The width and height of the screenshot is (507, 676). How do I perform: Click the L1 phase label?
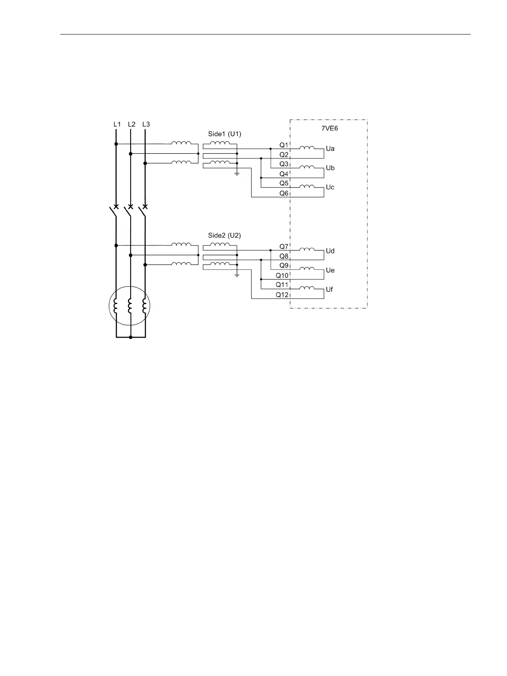[x=117, y=124]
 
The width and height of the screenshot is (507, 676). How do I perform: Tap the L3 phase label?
[x=146, y=124]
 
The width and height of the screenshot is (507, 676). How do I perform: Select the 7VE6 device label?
[x=329, y=128]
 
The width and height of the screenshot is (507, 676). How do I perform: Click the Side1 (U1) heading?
[x=225, y=134]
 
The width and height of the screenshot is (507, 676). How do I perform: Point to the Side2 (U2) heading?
[x=224, y=236]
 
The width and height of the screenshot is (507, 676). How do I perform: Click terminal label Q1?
[x=284, y=145]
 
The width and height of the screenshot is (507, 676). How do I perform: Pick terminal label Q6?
[x=284, y=193]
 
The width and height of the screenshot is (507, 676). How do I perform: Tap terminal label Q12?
[x=282, y=295]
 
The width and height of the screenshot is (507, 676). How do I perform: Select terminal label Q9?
[x=284, y=265]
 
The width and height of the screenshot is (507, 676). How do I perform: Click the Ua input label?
[x=330, y=149]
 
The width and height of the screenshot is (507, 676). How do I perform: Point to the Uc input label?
[x=330, y=187]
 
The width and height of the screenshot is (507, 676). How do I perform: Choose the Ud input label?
[x=330, y=251]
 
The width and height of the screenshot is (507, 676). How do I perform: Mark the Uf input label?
[x=329, y=290]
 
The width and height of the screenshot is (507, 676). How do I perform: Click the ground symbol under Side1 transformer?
[x=237, y=174]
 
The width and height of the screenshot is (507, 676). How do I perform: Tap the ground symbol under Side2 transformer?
[x=237, y=276]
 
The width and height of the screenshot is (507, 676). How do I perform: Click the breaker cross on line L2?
[x=130, y=207]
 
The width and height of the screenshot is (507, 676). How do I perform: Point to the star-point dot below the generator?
[x=130, y=337]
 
